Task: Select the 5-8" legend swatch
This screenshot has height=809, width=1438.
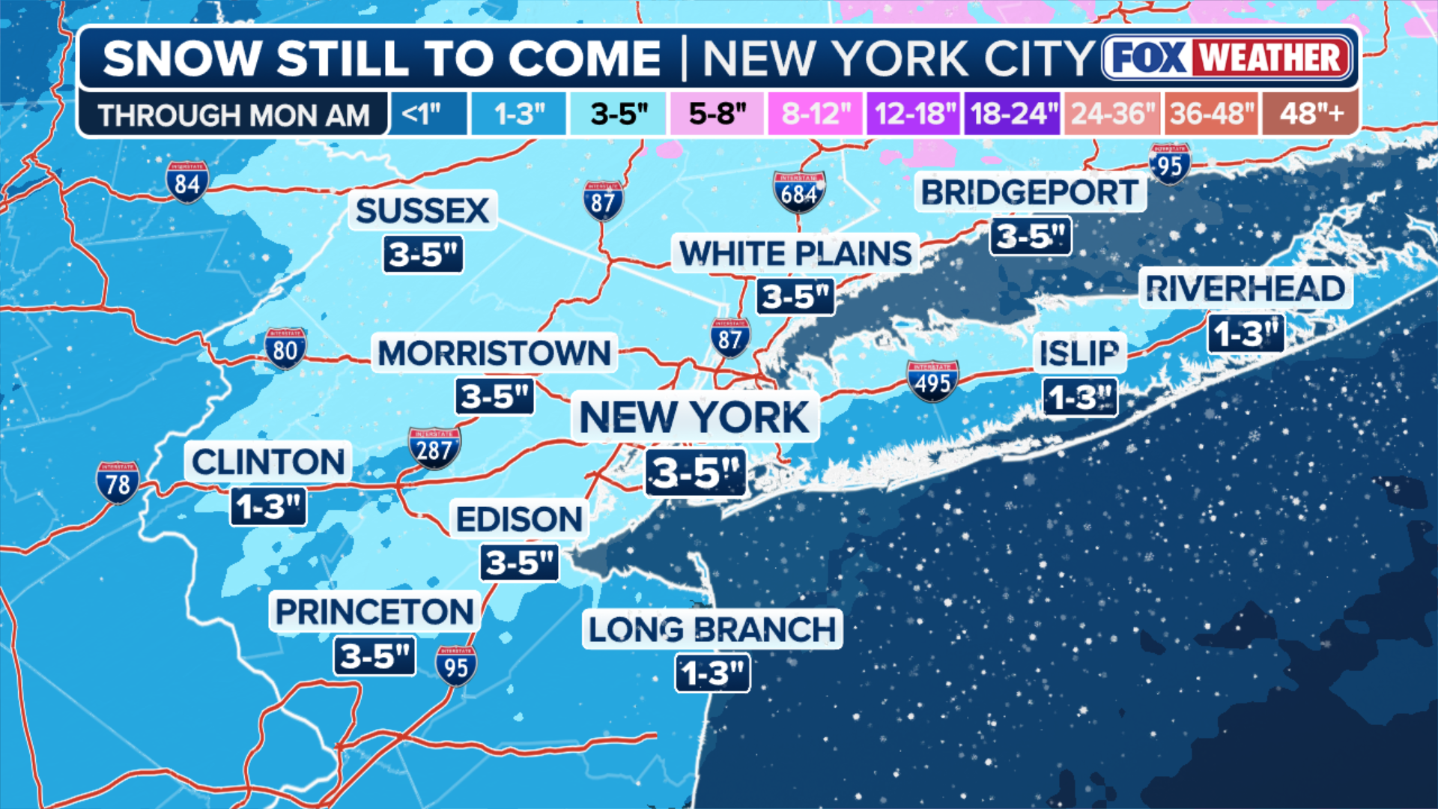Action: click(718, 114)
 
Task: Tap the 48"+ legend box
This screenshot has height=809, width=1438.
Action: click(1311, 114)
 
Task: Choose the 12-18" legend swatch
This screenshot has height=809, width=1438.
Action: click(914, 114)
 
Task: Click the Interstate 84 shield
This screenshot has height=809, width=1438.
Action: click(187, 182)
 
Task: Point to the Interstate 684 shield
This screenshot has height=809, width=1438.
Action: click(799, 193)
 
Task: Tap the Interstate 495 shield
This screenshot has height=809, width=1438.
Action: click(932, 381)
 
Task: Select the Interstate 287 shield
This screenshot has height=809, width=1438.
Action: click(434, 448)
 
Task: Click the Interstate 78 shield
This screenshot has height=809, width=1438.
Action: click(118, 482)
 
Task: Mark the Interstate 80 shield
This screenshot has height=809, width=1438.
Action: click(285, 348)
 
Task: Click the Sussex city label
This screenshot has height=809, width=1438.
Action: click(422, 210)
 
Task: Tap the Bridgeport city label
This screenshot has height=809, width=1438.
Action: click(1030, 193)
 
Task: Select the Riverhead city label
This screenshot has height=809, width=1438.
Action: click(1246, 288)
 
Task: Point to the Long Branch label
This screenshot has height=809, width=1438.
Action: click(712, 629)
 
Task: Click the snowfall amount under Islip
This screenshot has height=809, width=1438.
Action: click(1080, 397)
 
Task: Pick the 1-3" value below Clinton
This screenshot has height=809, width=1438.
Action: click(268, 507)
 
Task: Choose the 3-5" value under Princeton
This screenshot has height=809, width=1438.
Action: click(374, 656)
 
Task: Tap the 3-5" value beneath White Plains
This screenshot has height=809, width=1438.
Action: click(795, 297)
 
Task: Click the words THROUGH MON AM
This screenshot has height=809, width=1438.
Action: click(233, 115)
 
